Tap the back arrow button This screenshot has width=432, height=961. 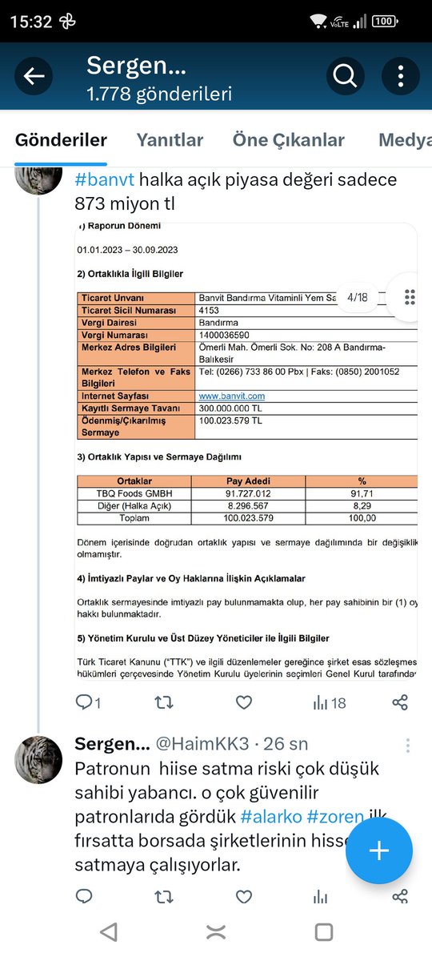34,77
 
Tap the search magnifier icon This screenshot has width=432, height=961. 345,77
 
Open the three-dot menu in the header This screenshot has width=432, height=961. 401,77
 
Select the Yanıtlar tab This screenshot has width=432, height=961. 170,140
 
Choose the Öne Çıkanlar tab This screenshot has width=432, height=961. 288,140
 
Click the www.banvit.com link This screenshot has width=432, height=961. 232,396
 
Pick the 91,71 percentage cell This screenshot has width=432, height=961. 362,493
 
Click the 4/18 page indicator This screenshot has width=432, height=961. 357,297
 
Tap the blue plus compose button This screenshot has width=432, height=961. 378,850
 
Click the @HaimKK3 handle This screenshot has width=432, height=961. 197,744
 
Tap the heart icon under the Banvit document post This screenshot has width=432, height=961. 244,702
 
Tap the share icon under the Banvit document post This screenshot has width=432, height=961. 400,702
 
